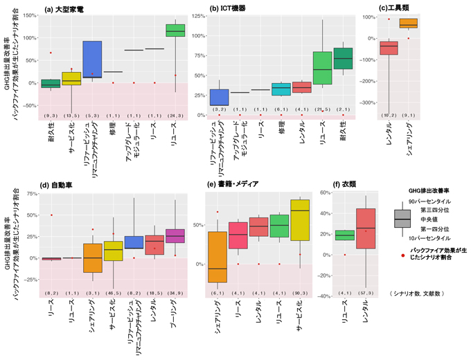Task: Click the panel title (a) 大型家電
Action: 64,9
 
